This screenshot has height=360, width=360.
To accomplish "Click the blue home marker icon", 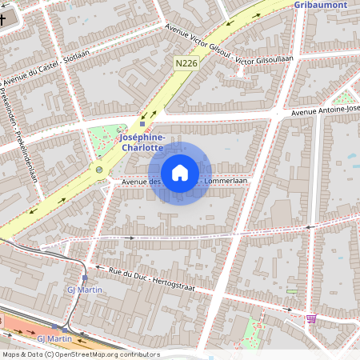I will (x=180, y=173).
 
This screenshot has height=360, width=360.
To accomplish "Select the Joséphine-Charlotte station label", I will (x=142, y=142).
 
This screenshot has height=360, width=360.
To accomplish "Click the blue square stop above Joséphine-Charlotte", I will (x=142, y=124).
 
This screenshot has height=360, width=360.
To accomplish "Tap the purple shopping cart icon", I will (x=310, y=318).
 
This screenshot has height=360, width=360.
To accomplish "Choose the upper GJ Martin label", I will (x=84, y=289).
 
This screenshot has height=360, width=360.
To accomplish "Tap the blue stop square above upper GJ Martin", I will (x=85, y=278).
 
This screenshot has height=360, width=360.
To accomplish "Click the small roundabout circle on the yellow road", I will (x=99, y=170).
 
